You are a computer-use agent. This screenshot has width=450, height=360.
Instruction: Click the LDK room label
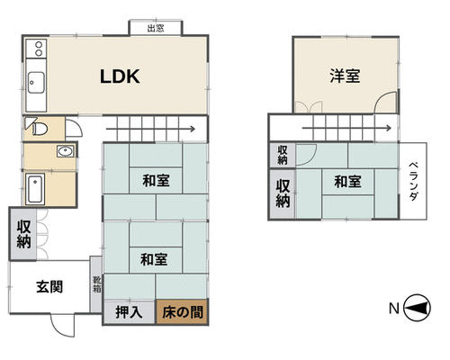tap(120, 76)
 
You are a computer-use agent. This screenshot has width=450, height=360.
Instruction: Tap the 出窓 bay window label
tap(156, 29)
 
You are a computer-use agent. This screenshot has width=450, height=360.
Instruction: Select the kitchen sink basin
tap(36, 83)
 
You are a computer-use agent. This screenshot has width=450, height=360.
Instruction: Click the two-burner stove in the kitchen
tap(36, 49)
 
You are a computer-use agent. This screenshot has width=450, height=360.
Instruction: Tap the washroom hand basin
tap(66, 151)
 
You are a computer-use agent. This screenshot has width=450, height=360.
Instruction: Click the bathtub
tap(35, 189)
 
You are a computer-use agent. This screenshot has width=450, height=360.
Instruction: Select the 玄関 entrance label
tap(49, 287)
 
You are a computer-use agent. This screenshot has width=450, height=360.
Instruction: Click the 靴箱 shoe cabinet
tap(96, 284)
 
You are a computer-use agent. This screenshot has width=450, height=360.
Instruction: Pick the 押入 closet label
tap(129, 312)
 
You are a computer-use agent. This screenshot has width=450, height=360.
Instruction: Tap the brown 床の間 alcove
tap(182, 312)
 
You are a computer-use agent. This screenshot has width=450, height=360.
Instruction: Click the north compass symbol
tap(417, 308)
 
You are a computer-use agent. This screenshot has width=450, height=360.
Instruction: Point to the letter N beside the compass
tap(394, 308)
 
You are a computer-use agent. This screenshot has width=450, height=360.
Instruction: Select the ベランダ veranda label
tap(413, 181)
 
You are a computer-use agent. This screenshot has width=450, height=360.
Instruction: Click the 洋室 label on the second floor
tap(345, 76)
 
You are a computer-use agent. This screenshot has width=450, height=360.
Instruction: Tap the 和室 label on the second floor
tap(347, 182)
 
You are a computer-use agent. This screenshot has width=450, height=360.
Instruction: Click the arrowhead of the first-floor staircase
tap(193, 130)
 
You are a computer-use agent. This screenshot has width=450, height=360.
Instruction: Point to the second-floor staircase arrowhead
tap(389, 128)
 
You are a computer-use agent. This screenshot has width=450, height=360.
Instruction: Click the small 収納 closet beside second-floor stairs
tap(283, 155)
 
